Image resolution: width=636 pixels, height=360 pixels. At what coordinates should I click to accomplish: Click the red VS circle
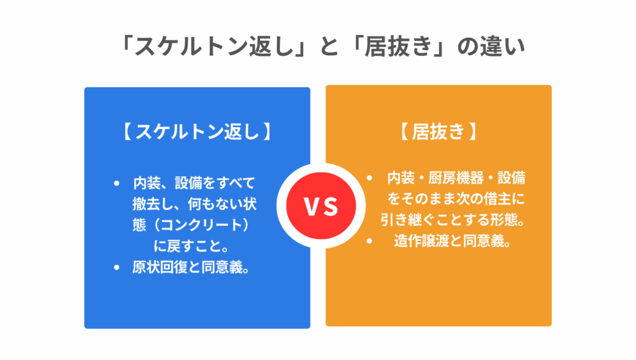(317, 207)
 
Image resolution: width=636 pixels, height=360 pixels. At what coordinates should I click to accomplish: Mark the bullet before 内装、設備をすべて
(117, 183)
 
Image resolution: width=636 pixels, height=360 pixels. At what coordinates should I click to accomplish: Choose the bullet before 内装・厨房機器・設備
(370, 178)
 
